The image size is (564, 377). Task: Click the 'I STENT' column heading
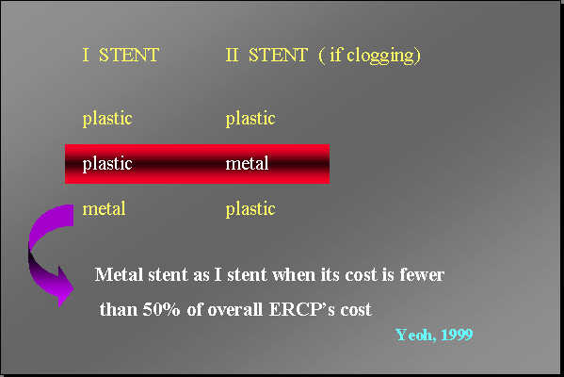click(120, 56)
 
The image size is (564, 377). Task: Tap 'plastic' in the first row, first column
click(107, 119)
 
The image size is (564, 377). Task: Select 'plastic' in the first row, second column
click(250, 119)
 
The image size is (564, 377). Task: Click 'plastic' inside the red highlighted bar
click(107, 164)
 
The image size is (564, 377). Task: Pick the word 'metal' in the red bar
click(248, 164)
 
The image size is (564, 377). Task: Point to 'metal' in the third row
click(105, 208)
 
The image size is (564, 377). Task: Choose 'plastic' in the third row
click(250, 209)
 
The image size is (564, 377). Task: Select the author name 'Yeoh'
click(415, 335)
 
